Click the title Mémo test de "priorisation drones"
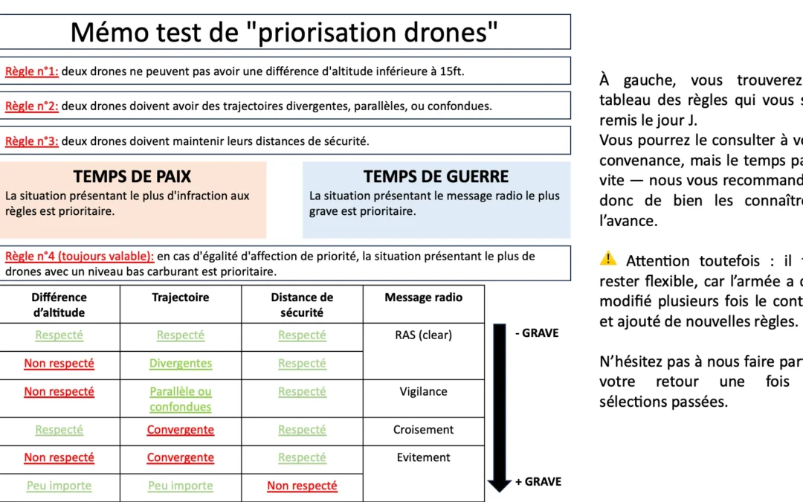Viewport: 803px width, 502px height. (x=283, y=32)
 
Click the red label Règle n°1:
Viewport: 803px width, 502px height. (x=31, y=71)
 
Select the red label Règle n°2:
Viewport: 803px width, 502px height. (x=31, y=106)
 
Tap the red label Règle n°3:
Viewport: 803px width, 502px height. (x=31, y=141)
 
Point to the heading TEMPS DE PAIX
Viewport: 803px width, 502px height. (x=132, y=177)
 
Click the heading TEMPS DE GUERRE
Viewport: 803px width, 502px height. (x=436, y=177)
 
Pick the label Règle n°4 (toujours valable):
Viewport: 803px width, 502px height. (x=80, y=257)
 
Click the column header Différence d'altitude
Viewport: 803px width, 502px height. (x=59, y=305)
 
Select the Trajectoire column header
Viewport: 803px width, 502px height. (x=180, y=297)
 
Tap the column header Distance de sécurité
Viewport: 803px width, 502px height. (x=302, y=305)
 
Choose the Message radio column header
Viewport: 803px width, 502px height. (x=423, y=297)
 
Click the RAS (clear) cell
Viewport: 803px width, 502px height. (x=423, y=335)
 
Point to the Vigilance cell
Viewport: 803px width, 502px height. (x=423, y=392)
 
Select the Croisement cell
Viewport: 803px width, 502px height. (x=423, y=430)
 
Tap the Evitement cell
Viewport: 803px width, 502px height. (x=423, y=457)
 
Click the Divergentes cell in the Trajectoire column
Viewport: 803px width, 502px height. (x=181, y=364)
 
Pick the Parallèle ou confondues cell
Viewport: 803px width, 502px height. (x=181, y=399)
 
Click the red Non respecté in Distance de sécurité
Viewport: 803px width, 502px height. (x=302, y=486)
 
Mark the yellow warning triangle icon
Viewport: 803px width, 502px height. (x=608, y=259)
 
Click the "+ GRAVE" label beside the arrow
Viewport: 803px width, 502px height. (x=538, y=482)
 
